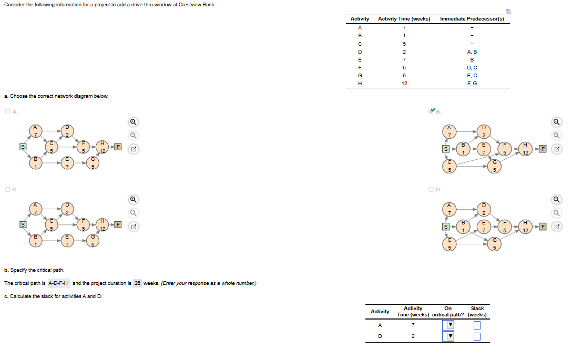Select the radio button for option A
tap(7, 111)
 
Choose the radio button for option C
tap(7, 189)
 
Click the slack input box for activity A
tap(477, 325)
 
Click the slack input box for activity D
tap(477, 336)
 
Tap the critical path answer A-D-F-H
tap(58, 283)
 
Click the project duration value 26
tap(138, 283)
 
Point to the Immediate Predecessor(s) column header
tap(472, 19)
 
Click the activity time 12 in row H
tap(404, 84)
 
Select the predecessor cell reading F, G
tap(472, 84)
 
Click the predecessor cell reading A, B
tap(472, 52)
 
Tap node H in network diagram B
tap(525, 149)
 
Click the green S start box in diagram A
tap(23, 147)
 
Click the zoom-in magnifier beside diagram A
tap(134, 122)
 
